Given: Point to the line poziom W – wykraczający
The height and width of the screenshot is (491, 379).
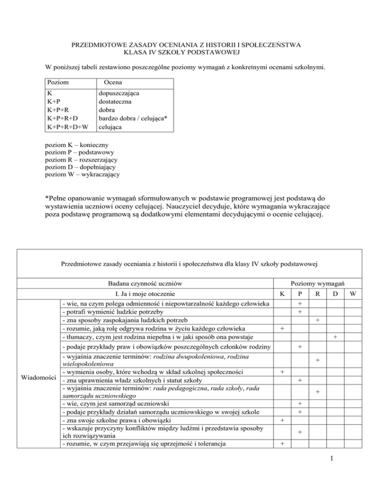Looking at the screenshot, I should [82, 174].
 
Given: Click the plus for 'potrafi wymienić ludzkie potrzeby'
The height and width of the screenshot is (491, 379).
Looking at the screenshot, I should [300, 312].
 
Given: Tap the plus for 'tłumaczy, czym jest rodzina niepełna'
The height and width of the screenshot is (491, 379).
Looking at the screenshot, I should [335, 336].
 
